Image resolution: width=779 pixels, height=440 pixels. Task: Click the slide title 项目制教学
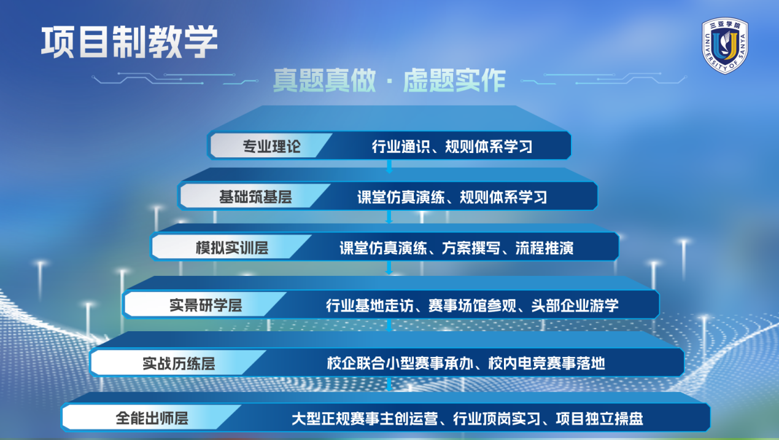click(130, 42)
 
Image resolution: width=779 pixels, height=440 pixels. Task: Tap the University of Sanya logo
click(725, 45)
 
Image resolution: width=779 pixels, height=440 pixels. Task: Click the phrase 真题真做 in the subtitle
click(325, 81)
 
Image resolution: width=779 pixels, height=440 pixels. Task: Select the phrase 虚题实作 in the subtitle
click(454, 81)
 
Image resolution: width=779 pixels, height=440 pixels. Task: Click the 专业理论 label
click(271, 146)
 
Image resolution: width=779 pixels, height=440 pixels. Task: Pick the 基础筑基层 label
click(255, 197)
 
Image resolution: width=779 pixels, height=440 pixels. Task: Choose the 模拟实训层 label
click(232, 248)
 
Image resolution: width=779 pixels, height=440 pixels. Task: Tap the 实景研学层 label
click(206, 305)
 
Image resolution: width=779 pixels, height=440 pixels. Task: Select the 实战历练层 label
click(179, 363)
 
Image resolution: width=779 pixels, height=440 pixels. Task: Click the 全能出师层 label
click(152, 418)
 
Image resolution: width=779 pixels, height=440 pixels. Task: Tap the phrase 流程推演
click(545, 248)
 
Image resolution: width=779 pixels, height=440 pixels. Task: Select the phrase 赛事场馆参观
click(473, 305)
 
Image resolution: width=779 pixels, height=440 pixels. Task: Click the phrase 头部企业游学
click(575, 305)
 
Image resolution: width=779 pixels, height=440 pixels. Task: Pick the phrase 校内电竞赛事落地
click(547, 363)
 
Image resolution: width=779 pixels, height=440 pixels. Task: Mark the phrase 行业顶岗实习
click(497, 418)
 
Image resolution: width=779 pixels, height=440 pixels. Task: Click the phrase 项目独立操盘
click(600, 418)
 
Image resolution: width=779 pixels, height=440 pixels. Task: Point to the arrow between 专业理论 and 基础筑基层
click(389, 167)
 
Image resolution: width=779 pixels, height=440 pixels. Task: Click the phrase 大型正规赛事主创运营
click(365, 418)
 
